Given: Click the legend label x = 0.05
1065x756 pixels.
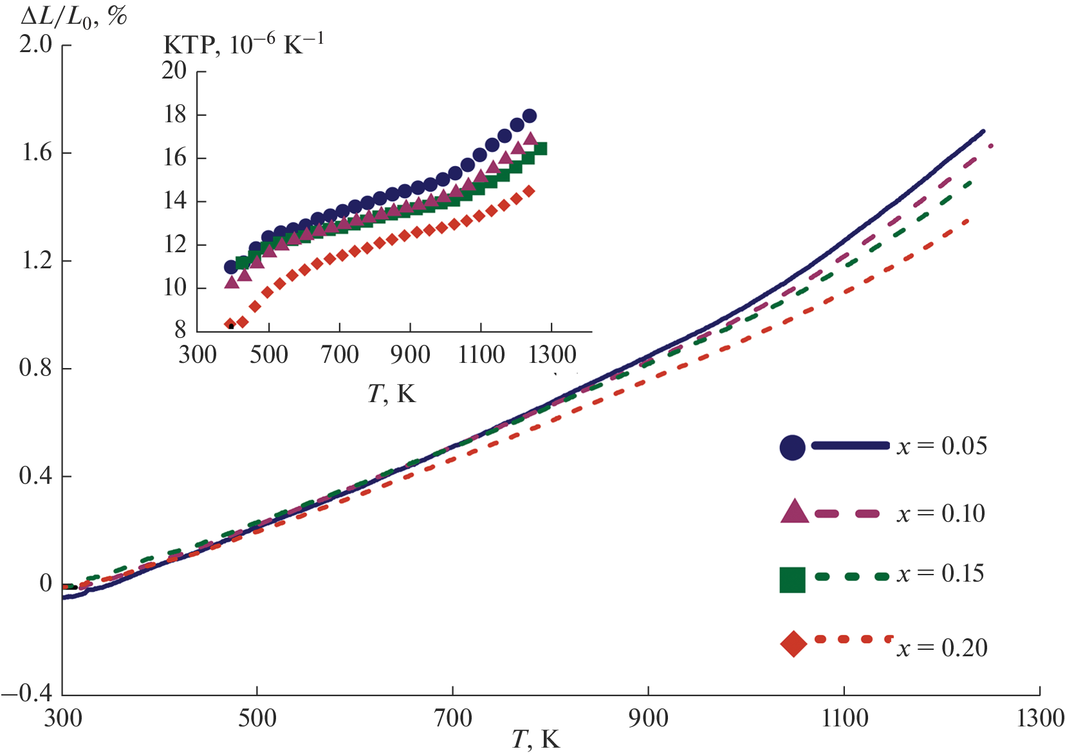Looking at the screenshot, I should [942, 446].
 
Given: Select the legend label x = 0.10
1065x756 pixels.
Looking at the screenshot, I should [941, 513].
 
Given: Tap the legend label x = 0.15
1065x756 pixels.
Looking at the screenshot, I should [941, 573].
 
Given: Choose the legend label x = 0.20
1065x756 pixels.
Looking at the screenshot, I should [942, 647].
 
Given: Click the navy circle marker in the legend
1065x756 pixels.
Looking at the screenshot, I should [792, 447].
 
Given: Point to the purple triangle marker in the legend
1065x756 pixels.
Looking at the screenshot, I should [794, 512].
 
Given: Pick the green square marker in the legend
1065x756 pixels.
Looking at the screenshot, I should [792, 579].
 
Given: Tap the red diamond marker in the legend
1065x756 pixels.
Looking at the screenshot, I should [793, 644].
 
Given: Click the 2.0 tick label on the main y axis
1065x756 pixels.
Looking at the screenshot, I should [36, 44].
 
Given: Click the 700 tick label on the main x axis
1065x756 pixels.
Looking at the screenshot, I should [453, 718].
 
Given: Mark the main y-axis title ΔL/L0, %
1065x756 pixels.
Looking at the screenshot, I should [73, 17].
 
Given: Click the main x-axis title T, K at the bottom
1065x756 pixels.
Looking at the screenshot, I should [535, 740].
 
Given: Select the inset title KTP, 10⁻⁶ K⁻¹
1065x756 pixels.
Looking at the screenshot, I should [243, 44].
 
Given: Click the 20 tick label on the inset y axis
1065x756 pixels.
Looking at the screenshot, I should [174, 70].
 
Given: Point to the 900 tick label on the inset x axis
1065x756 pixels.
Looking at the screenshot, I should [410, 355].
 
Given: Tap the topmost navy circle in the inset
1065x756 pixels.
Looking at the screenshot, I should [530, 116].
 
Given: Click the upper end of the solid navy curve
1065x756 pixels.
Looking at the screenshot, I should [983, 131].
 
